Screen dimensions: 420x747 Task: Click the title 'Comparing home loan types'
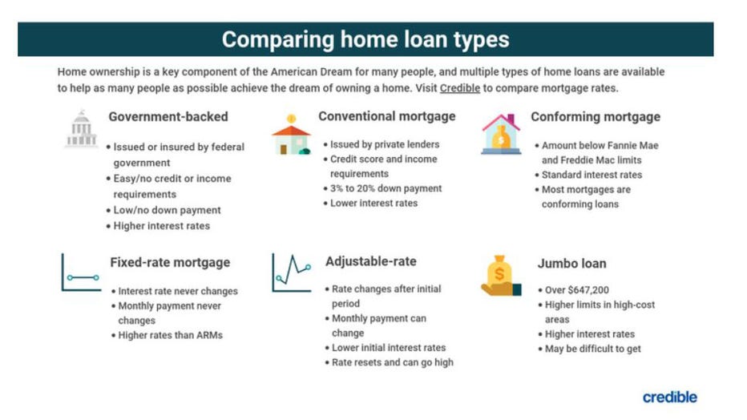(x=365, y=39)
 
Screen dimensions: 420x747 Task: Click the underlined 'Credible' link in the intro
(x=459, y=88)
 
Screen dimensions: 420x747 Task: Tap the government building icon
(x=81, y=130)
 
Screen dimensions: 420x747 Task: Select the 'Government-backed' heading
(x=168, y=117)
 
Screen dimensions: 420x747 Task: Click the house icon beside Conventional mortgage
(x=291, y=135)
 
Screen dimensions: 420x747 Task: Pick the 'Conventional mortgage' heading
(x=386, y=116)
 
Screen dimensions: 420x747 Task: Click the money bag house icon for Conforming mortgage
(x=502, y=133)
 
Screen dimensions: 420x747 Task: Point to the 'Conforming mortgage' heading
(x=596, y=117)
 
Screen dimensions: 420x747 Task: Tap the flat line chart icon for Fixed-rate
(x=81, y=273)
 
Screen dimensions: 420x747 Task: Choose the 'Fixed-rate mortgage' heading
(x=170, y=262)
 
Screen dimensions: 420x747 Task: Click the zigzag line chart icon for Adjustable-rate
(x=291, y=273)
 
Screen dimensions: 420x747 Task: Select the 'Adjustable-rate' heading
(x=371, y=261)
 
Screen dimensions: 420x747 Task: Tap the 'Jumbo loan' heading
(x=571, y=263)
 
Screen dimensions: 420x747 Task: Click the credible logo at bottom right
(x=669, y=397)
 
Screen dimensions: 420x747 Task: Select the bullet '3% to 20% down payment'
(x=386, y=188)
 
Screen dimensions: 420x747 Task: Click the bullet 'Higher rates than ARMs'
(x=170, y=335)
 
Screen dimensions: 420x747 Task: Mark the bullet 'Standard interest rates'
(x=592, y=175)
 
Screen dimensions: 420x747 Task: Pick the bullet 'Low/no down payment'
(x=167, y=210)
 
